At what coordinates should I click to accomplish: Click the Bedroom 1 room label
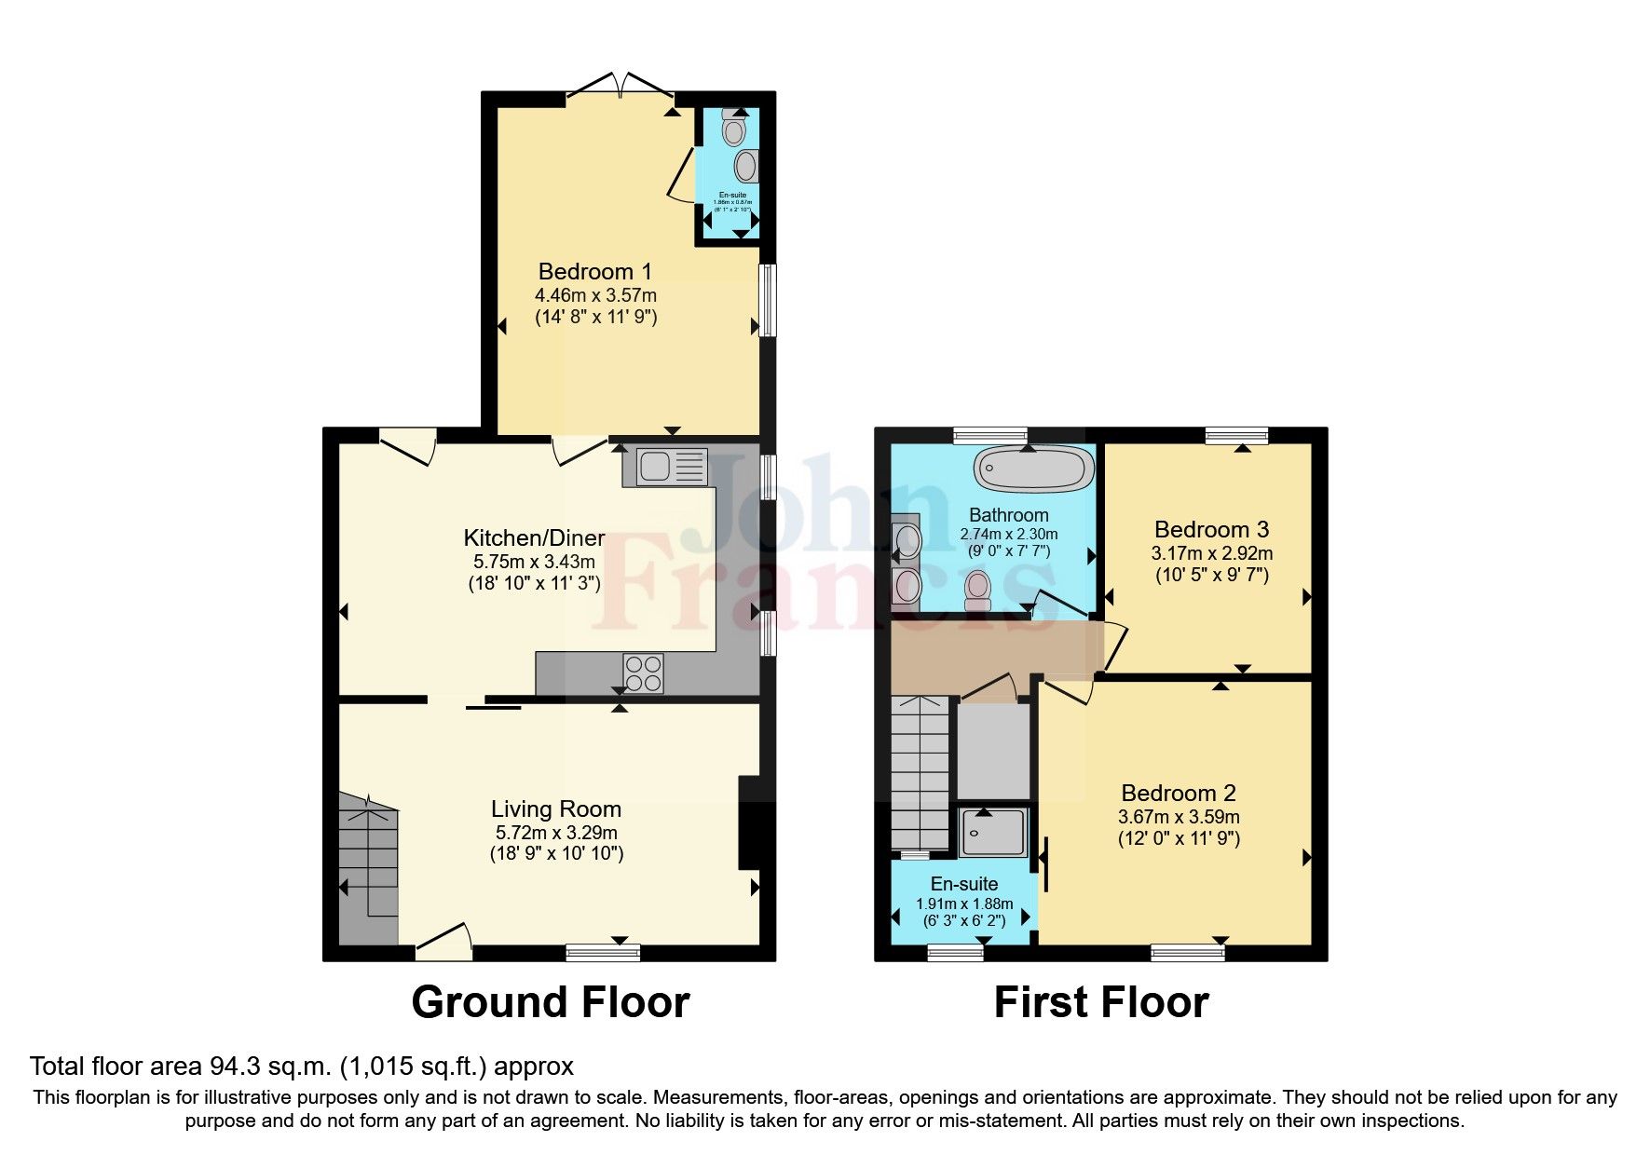click(594, 272)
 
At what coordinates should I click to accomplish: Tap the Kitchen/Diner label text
click(534, 538)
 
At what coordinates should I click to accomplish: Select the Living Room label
click(556, 809)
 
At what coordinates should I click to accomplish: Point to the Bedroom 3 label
click(1211, 530)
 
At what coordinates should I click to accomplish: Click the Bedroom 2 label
click(1179, 794)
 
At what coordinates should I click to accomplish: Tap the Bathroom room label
click(1008, 515)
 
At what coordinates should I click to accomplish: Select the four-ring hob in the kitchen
click(644, 673)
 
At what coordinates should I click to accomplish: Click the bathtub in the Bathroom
click(1033, 469)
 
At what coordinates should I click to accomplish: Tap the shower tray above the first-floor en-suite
click(994, 832)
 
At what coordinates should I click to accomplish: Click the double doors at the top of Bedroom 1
click(620, 85)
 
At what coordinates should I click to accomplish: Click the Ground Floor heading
click(551, 1003)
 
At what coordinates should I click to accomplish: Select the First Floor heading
click(1101, 1003)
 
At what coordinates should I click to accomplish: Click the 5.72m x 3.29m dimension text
click(556, 833)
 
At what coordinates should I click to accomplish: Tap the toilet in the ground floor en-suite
click(735, 129)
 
